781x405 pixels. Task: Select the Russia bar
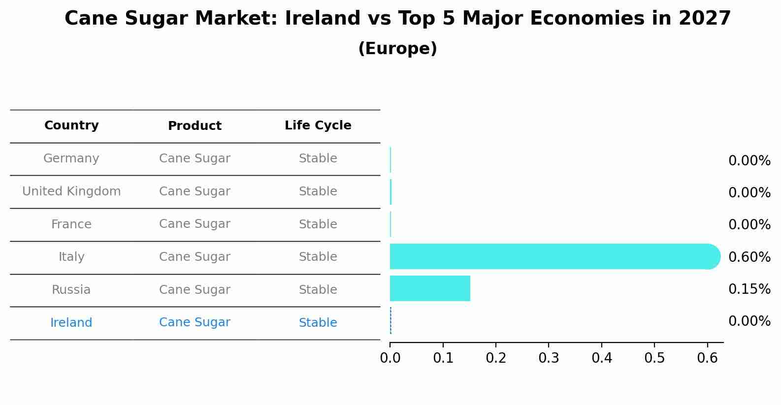[430, 288]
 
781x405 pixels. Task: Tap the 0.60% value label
[749, 257]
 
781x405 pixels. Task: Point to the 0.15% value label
[749, 289]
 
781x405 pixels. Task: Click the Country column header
[71, 125]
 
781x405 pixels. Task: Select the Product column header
[195, 126]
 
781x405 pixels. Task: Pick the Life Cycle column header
[318, 125]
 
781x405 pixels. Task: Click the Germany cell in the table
[71, 158]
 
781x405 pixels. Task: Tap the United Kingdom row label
[71, 191]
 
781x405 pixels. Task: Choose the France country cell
[71, 224]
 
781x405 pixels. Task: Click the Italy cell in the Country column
[71, 257]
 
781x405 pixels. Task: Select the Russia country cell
[71, 290]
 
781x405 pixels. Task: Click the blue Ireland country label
[71, 323]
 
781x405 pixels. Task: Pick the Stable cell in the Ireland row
[318, 323]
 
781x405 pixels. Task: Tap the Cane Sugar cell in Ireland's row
[195, 322]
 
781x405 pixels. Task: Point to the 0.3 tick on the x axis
[549, 358]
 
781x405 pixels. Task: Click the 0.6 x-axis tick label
[707, 358]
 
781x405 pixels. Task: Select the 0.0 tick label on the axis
[390, 358]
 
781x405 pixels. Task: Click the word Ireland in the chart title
[314, 19]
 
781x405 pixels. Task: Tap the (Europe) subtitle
[397, 49]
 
